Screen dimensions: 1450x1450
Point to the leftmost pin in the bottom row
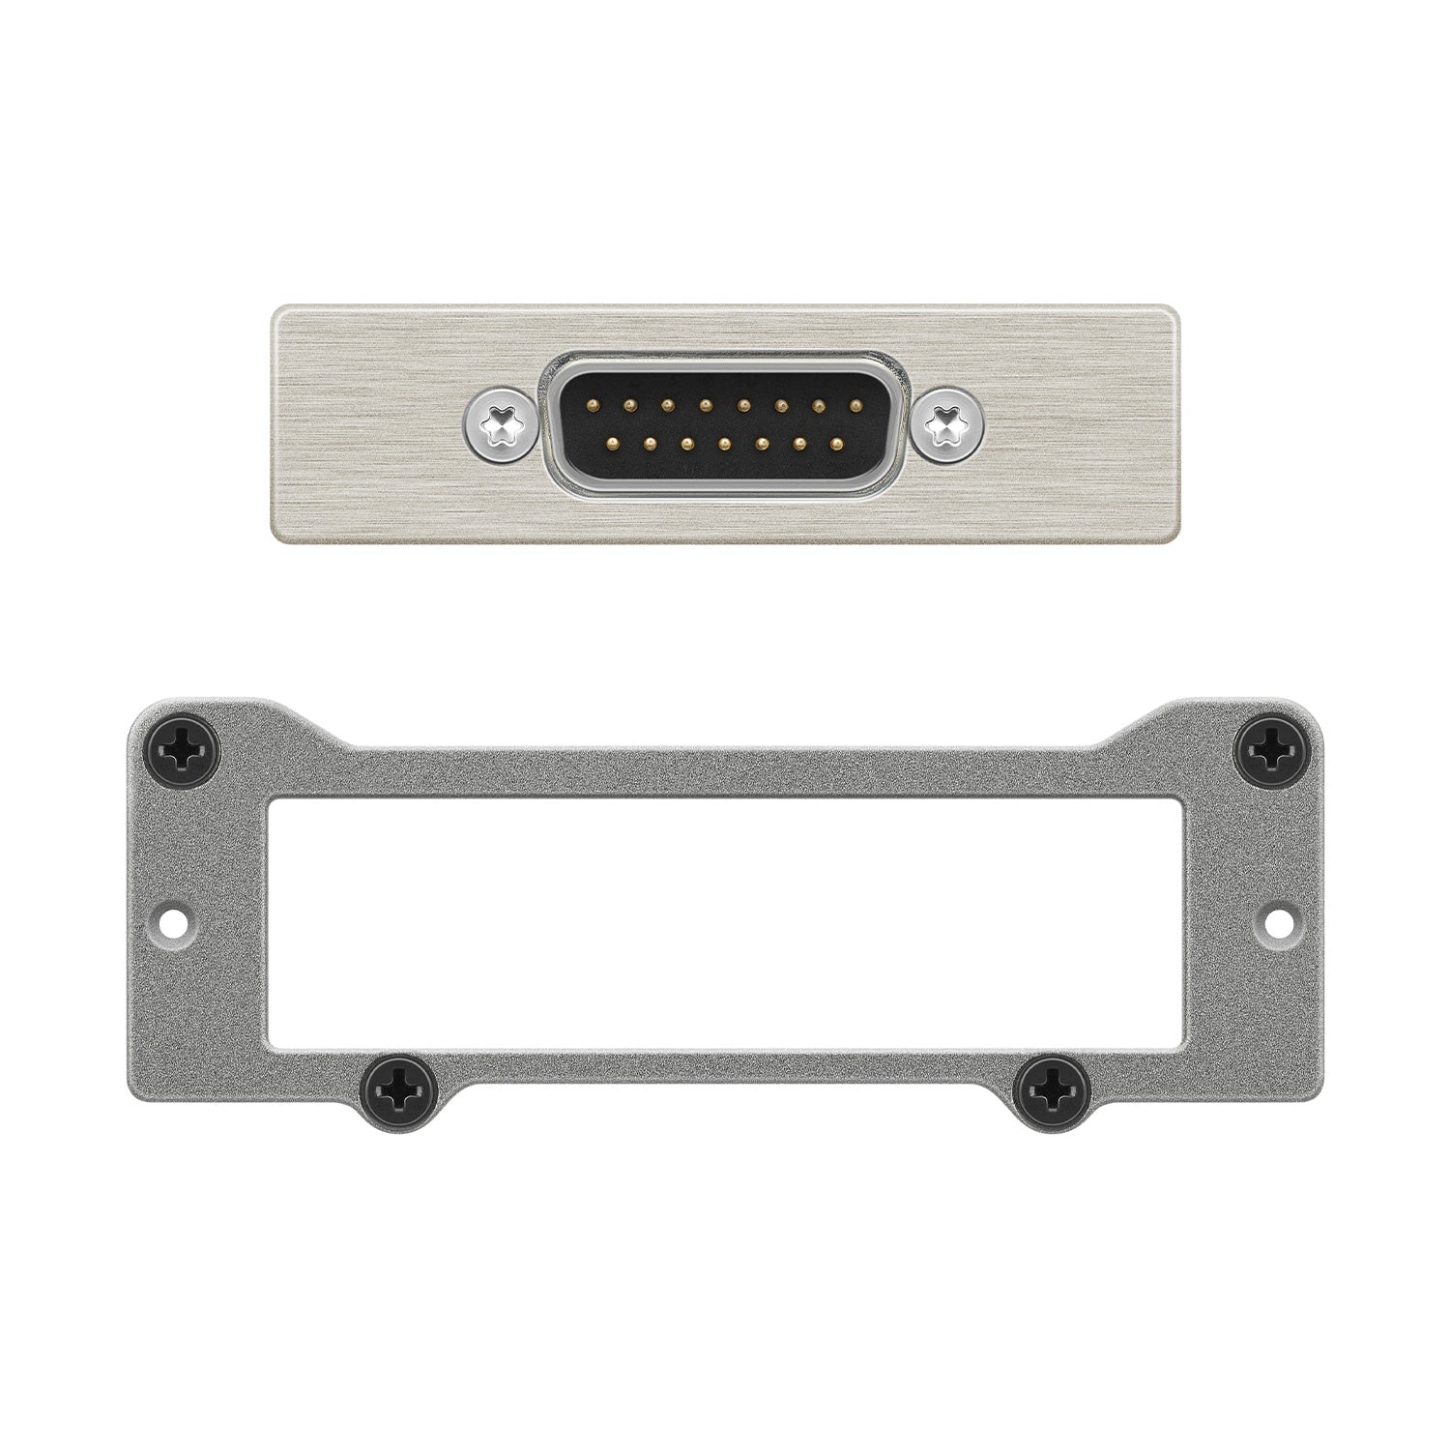pyautogui.click(x=611, y=444)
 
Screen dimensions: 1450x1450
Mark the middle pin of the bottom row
pyautogui.click(x=724, y=444)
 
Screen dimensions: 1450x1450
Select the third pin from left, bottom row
pyautogui.click(x=686, y=444)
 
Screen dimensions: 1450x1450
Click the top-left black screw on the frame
pyautogui.click(x=184, y=746)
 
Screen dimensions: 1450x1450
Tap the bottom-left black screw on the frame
pyautogui.click(x=396, y=1093)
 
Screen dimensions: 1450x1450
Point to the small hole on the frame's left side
pyautogui.click(x=175, y=920)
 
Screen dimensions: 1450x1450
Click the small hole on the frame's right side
pyautogui.click(x=1275, y=920)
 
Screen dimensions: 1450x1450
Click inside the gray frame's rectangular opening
pyautogui.click(x=725, y=918)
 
